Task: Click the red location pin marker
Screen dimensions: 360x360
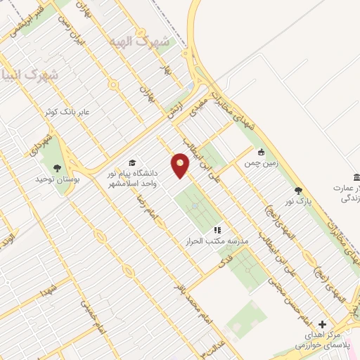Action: [x=181, y=166]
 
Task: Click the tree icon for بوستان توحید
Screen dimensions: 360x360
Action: [x=57, y=168]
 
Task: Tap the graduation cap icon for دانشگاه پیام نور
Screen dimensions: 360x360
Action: [x=132, y=162]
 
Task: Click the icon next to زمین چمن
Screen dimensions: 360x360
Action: [x=261, y=151]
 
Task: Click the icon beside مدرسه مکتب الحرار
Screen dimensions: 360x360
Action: [x=217, y=229]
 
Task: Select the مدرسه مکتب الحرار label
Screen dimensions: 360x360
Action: [x=216, y=240]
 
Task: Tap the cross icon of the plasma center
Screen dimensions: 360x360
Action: [x=322, y=325]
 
